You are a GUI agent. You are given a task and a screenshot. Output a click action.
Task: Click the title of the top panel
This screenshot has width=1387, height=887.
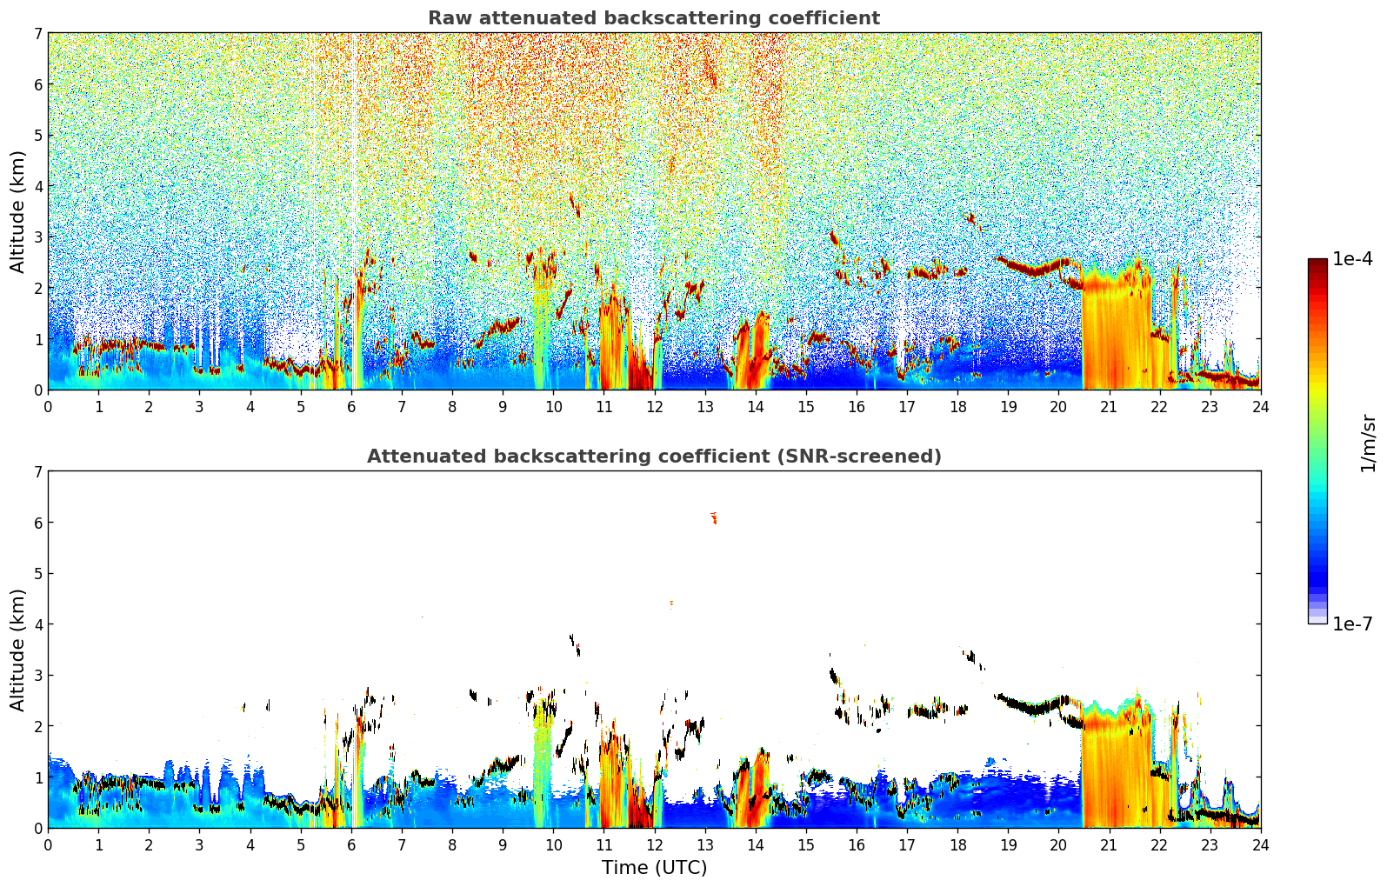coord(653,18)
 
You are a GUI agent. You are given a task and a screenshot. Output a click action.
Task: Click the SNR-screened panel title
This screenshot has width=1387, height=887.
coord(654,457)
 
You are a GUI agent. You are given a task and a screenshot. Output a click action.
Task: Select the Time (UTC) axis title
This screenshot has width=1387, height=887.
coord(654,868)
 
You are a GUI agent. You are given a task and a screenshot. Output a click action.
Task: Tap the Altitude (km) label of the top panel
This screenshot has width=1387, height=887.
coord(17,211)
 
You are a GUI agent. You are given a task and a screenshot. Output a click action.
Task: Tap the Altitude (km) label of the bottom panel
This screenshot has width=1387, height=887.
coord(17,650)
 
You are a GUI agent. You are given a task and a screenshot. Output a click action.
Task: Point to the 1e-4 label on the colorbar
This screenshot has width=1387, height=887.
coord(1352,259)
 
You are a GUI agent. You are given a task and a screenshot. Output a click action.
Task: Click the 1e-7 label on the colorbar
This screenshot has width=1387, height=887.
coord(1352,624)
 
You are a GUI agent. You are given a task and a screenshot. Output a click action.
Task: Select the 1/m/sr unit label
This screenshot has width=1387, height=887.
coord(1368,443)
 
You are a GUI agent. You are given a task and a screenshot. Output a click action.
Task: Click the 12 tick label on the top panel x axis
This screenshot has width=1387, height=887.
coord(654,406)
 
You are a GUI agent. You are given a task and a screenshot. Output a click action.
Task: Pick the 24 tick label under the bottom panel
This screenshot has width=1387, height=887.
coord(1260,844)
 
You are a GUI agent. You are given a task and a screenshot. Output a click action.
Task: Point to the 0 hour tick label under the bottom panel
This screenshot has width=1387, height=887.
coord(48,844)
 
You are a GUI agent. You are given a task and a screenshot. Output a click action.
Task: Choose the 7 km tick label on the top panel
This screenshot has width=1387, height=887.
coord(37,34)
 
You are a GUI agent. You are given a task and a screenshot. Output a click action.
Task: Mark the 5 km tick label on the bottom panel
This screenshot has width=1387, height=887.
coord(37,574)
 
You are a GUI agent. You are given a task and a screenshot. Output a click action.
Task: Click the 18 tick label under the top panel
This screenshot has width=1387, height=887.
coord(957,406)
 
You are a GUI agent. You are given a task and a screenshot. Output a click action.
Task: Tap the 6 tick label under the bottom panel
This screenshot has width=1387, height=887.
coord(351,844)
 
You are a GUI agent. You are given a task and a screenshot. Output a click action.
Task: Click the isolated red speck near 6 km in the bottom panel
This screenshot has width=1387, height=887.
coord(714,518)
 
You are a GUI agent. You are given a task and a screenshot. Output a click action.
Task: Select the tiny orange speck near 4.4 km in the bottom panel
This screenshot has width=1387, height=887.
coord(671,602)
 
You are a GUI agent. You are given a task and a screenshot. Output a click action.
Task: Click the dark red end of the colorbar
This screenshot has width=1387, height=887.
coord(1317,263)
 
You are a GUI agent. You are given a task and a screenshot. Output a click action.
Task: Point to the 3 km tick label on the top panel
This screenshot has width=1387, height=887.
coord(37,237)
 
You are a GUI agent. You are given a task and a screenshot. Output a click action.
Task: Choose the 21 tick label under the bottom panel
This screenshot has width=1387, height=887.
coord(1109,844)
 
